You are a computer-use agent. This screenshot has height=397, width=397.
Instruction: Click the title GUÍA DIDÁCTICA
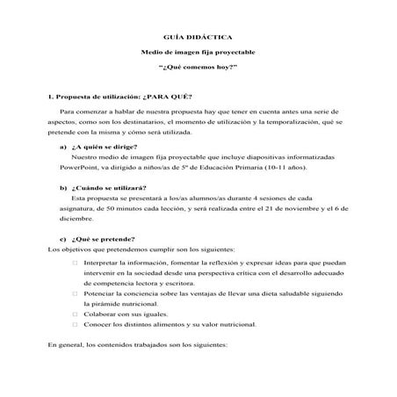[198, 38]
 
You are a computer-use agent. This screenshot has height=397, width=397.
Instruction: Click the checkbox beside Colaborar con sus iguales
[76, 311]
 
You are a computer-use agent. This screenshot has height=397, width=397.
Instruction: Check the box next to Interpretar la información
[76, 263]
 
